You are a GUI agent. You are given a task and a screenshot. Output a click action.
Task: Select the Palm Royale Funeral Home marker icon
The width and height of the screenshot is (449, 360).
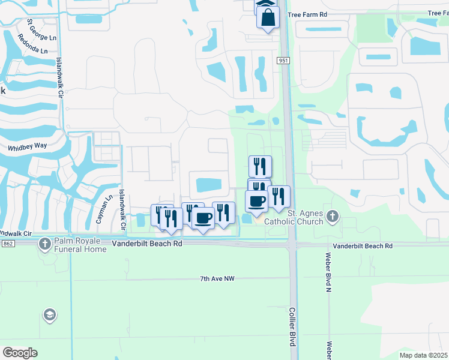pos(44,244)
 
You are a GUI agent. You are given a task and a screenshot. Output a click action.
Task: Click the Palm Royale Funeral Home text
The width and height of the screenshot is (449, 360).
pos(79,245)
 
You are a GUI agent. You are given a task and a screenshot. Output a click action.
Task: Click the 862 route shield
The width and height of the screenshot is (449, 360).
pos(7,244)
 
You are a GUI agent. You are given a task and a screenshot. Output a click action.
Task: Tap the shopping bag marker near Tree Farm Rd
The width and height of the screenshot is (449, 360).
pos(268,17)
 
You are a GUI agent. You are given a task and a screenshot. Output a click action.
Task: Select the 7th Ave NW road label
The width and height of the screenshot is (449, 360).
pos(221,279)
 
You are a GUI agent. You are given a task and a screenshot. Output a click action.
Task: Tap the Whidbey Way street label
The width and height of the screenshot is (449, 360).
pos(26,147)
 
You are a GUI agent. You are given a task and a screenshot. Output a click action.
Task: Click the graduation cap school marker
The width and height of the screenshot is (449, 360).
pos(49,315)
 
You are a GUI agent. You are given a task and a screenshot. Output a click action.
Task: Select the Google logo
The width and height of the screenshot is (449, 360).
pos(20,352)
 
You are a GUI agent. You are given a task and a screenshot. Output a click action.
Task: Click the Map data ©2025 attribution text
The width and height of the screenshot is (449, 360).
pos(424,355)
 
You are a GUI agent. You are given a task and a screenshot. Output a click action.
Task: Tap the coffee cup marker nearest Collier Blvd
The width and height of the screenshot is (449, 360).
pos(256,202)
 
